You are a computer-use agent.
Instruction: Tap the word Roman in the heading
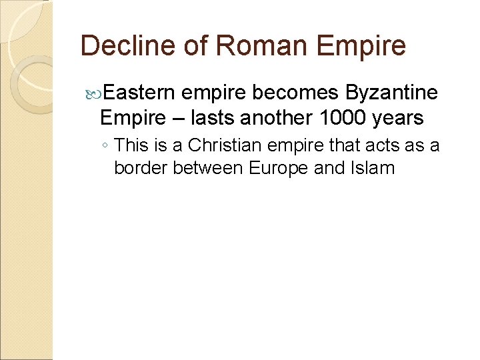243,46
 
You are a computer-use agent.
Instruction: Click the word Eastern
141,93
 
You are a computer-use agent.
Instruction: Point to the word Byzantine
393,93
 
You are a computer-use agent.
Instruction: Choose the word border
141,168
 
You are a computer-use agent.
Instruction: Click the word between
208,168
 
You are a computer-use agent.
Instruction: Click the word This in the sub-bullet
133,145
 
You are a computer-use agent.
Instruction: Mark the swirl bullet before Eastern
93,93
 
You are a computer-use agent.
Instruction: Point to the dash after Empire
177,119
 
